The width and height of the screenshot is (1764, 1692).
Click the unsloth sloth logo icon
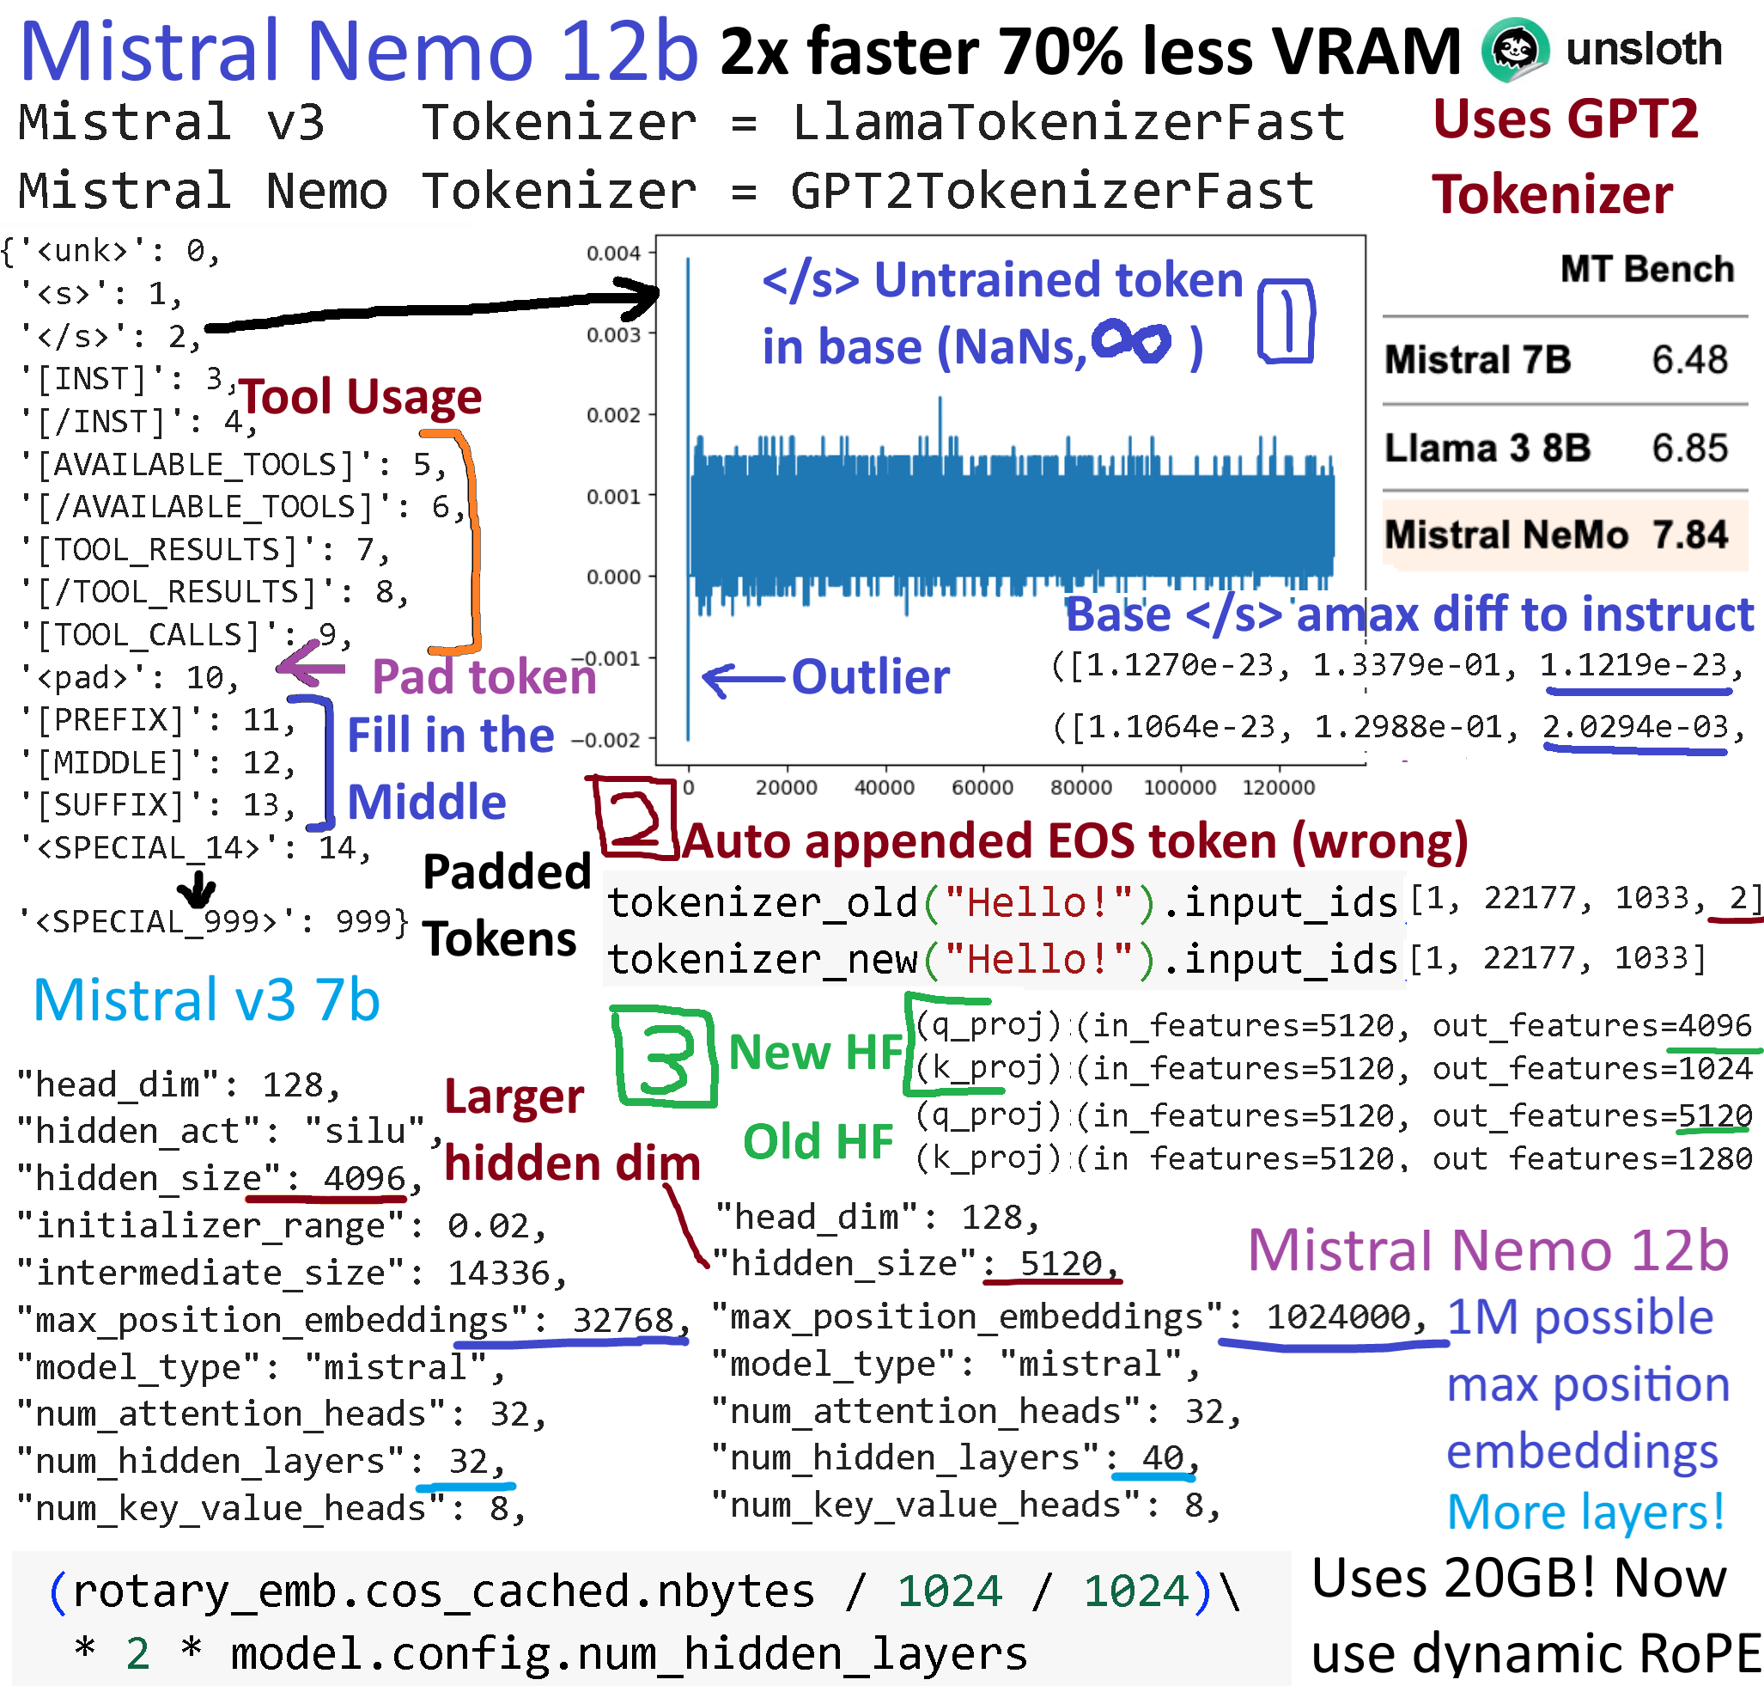tap(1516, 50)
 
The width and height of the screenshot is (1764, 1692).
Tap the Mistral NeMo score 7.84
tap(1689, 534)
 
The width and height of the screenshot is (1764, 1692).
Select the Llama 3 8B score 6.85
tap(1689, 448)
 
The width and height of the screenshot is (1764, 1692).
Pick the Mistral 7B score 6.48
tap(1689, 359)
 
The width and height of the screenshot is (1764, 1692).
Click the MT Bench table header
tap(1646, 268)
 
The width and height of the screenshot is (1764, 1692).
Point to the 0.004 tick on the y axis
tap(614, 253)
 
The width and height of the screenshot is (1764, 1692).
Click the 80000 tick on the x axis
tap(1081, 787)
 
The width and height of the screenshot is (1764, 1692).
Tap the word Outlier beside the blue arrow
tap(870, 676)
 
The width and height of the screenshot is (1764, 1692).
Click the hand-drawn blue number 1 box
tap(1287, 321)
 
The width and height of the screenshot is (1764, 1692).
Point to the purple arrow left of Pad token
tap(311, 666)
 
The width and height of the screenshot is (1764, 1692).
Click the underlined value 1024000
tap(1338, 1317)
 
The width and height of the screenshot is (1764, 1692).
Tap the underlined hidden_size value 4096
tap(364, 1178)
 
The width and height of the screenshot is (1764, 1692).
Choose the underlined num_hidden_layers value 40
tap(1163, 1457)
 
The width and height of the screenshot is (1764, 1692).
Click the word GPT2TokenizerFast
tap(1051, 191)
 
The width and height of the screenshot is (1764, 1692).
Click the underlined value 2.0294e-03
tap(1635, 726)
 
